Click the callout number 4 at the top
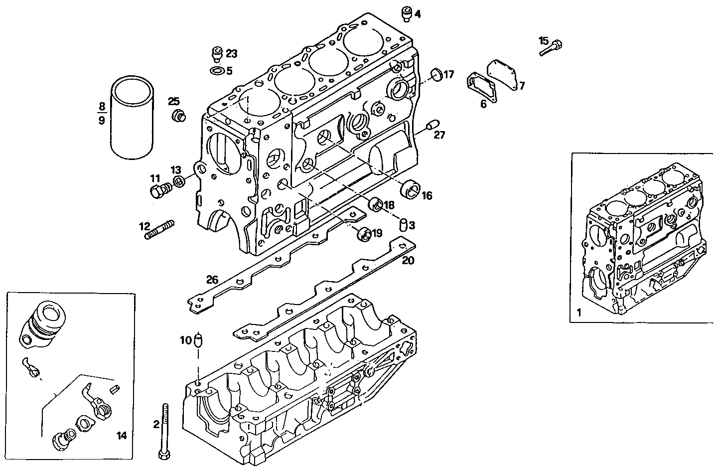click(418, 14)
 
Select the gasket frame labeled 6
click(482, 88)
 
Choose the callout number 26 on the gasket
click(213, 280)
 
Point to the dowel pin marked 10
click(199, 341)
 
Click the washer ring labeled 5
click(217, 71)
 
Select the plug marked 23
click(217, 53)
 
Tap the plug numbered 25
click(177, 116)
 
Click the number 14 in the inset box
click(122, 436)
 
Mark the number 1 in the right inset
click(578, 313)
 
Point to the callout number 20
click(408, 260)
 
